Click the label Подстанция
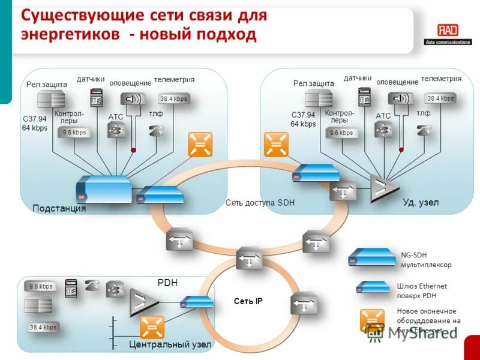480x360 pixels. (x=59, y=209)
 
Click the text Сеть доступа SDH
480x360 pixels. (x=260, y=203)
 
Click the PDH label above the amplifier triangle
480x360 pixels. (x=167, y=282)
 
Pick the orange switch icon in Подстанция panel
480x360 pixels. (x=200, y=144)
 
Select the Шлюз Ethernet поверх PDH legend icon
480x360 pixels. (x=373, y=287)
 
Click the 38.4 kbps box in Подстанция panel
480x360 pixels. (x=173, y=99)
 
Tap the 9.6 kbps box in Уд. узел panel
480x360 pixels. (x=341, y=133)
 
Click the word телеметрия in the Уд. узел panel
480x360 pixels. (x=441, y=79)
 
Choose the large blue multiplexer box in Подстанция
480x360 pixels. (x=104, y=190)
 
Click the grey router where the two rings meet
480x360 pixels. (x=249, y=259)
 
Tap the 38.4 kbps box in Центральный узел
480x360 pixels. (x=42, y=328)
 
